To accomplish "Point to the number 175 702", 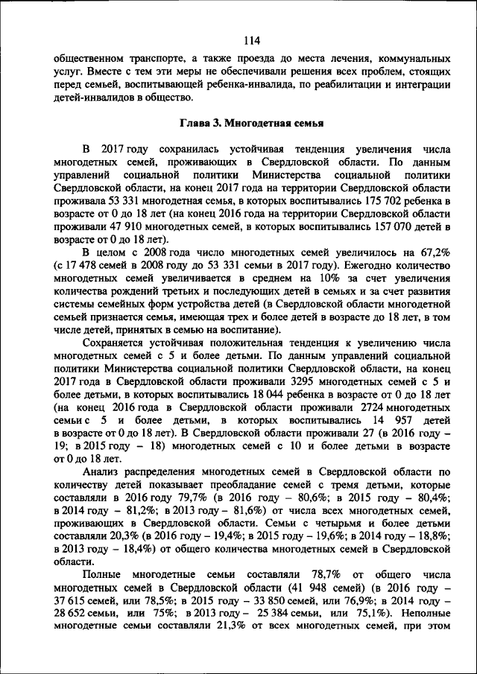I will click(376, 201).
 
